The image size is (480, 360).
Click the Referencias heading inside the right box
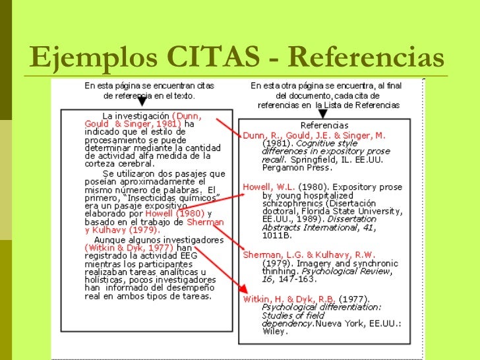coord(324,125)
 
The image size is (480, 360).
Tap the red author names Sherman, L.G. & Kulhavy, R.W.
coord(309,255)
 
